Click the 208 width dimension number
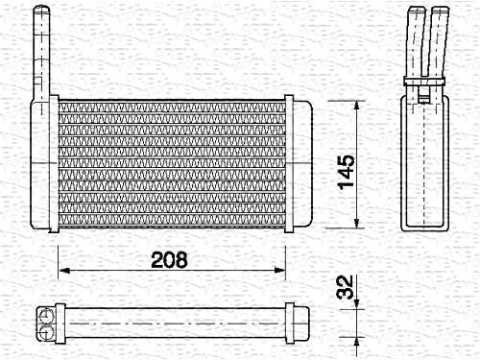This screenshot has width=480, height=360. click(169, 259)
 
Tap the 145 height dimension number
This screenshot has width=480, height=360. click(347, 172)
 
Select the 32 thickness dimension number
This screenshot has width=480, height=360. click(345, 287)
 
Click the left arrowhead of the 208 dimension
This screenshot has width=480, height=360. click(64, 271)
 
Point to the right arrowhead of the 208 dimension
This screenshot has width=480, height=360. click(279, 271)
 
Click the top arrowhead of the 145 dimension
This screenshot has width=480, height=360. click(357, 107)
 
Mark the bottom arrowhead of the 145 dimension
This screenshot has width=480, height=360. click(357, 223)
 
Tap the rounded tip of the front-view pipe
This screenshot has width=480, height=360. click(42, 9)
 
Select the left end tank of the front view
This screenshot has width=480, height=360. click(40, 164)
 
